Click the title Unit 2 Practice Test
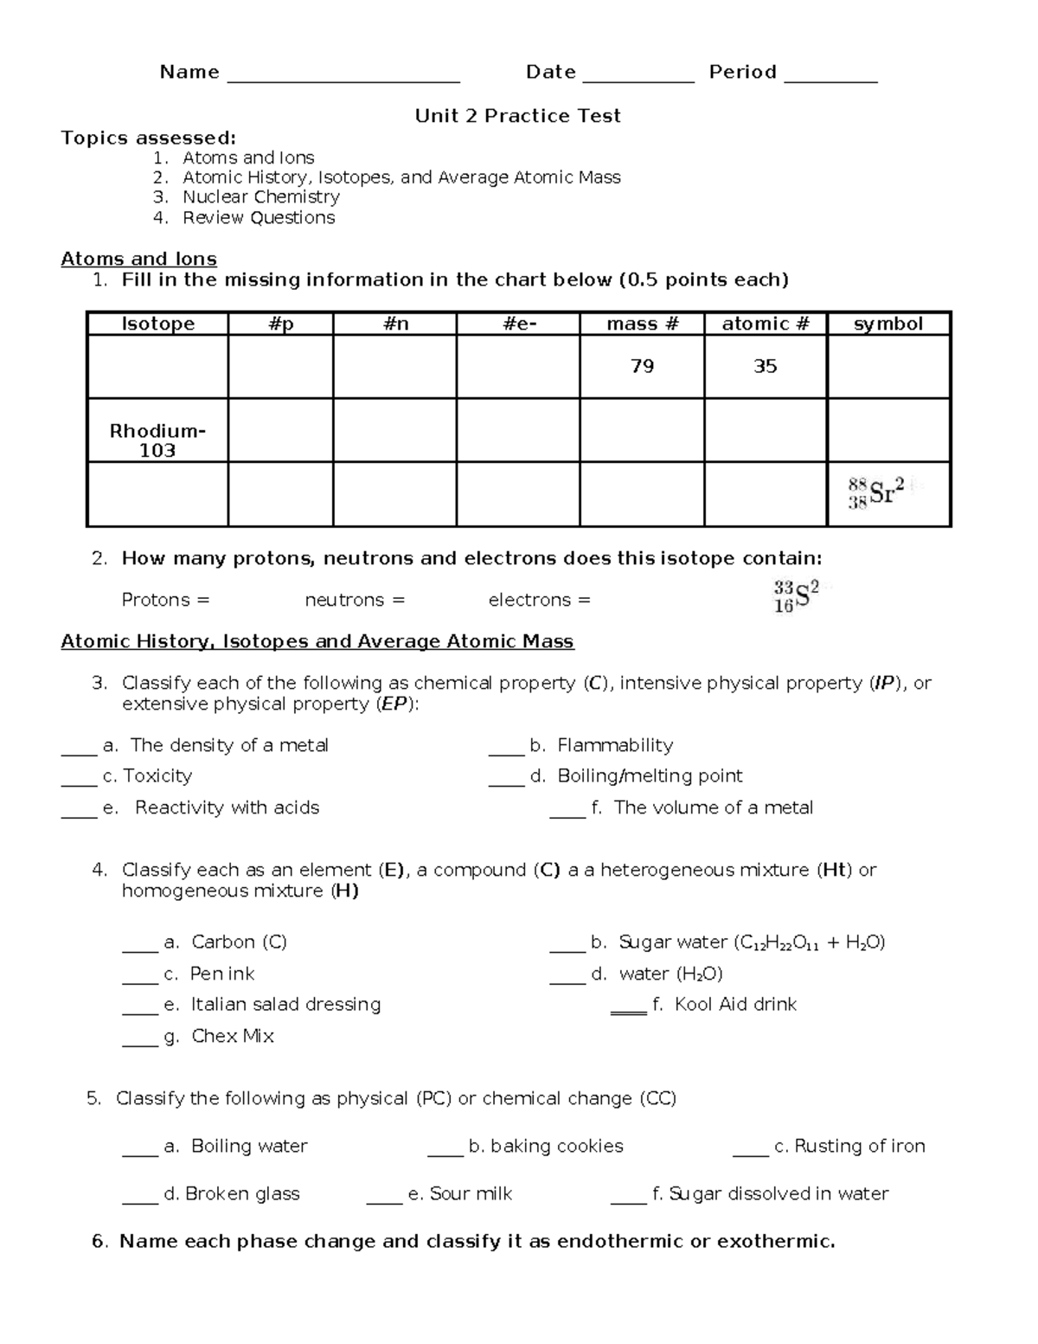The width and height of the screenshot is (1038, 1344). [517, 116]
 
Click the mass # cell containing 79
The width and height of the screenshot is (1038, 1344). [642, 366]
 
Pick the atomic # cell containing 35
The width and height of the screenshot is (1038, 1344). [765, 366]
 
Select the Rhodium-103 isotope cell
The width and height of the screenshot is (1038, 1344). [157, 440]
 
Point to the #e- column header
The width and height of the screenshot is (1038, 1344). [517, 324]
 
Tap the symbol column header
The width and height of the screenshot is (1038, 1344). [888, 324]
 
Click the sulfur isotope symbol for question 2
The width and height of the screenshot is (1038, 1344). [795, 597]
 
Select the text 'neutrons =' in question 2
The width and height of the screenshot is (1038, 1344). [355, 600]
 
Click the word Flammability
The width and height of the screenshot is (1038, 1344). [615, 745]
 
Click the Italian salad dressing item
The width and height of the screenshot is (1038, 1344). [285, 1004]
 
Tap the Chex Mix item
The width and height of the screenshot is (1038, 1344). [233, 1036]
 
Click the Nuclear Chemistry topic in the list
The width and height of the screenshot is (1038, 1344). [260, 197]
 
